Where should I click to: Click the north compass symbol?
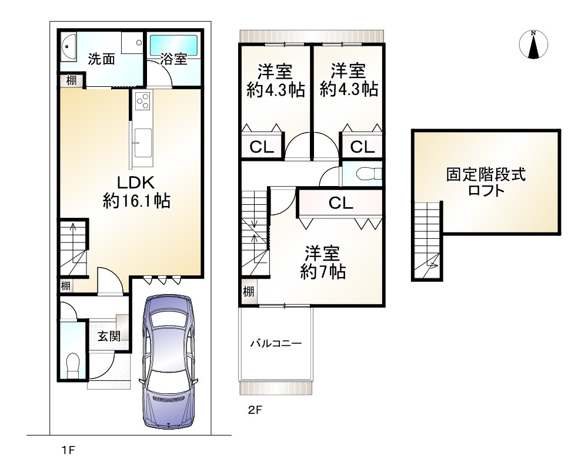(533, 45)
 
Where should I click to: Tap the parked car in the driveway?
(169, 362)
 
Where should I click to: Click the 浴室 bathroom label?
(173, 59)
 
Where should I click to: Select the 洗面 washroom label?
(101, 59)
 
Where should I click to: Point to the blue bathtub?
(174, 46)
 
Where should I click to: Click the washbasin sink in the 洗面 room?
(69, 47)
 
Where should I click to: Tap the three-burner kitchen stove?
(142, 100)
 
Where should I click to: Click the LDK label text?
(136, 183)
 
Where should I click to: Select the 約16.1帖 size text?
(137, 201)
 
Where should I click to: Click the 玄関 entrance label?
(109, 336)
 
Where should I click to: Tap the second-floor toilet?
(368, 174)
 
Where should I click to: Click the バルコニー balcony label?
(276, 343)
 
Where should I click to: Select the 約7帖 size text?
(323, 272)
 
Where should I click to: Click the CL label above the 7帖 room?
(341, 203)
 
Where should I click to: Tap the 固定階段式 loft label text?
(486, 174)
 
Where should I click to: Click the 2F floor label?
(255, 410)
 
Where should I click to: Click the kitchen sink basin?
(142, 143)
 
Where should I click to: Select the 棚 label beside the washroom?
(71, 80)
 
